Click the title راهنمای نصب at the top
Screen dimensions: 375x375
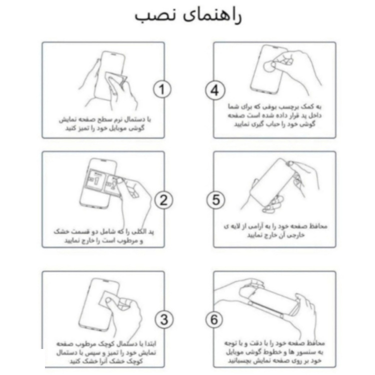187,15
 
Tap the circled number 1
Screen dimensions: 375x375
162,90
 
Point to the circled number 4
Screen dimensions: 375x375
214,91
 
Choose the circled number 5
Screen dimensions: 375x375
214,200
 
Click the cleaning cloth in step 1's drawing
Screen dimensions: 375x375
115,83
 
